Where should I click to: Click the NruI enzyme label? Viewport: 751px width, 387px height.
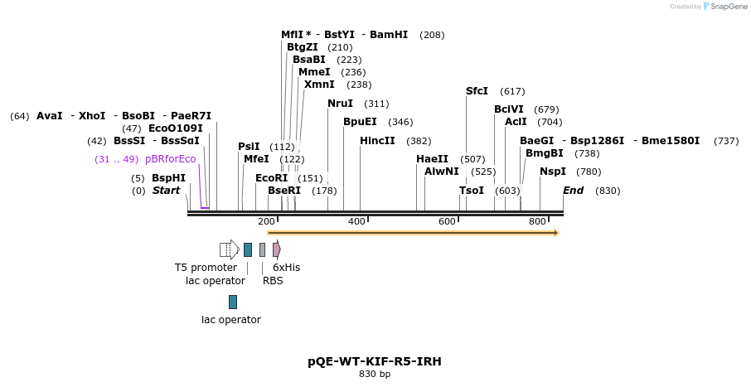click(x=340, y=104)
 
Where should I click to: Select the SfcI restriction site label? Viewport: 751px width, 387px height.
click(x=477, y=91)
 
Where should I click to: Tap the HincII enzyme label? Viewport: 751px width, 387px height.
click(x=377, y=141)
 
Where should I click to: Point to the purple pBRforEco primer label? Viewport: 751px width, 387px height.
click(x=170, y=159)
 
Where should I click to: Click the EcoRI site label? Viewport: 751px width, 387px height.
click(x=271, y=178)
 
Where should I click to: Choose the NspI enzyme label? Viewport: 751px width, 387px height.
click(x=553, y=172)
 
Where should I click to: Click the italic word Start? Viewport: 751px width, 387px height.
click(x=166, y=191)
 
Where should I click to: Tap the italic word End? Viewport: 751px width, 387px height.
click(x=573, y=191)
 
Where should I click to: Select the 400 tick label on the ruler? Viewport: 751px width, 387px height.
click(x=356, y=221)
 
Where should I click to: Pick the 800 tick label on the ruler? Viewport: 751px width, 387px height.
click(x=537, y=221)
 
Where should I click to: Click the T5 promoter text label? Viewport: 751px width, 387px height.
click(x=206, y=268)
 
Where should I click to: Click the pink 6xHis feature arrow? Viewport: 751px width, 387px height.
click(x=276, y=249)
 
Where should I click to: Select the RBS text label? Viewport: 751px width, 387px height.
click(x=273, y=281)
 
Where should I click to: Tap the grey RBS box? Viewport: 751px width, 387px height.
click(x=262, y=249)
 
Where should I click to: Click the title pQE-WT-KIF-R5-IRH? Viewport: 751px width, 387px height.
click(x=375, y=361)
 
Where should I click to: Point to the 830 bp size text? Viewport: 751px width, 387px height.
click(x=375, y=375)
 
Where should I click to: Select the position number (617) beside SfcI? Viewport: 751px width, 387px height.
click(x=512, y=91)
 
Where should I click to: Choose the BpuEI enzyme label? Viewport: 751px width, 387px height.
click(x=360, y=122)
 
